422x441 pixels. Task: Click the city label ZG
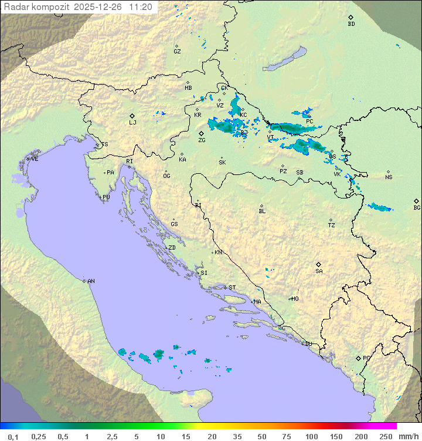pos(202,140)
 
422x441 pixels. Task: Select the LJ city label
pos(133,123)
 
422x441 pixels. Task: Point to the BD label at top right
pos(351,24)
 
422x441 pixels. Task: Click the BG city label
pos(417,207)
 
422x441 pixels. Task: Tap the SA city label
pos(319,271)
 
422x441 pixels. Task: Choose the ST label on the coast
pos(232,288)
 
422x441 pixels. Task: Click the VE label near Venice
pos(35,159)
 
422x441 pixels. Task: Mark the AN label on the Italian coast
pos(91,282)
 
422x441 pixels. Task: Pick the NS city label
pos(389,177)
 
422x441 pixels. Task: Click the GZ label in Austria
pos(177,52)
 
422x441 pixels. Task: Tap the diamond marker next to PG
pos(358,358)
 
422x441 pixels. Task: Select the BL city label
pos(262,211)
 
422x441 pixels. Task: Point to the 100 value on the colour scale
pos(311,436)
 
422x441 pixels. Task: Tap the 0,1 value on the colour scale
pos(13,436)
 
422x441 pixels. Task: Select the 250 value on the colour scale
pos(385,436)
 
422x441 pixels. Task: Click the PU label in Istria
pos(106,197)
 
